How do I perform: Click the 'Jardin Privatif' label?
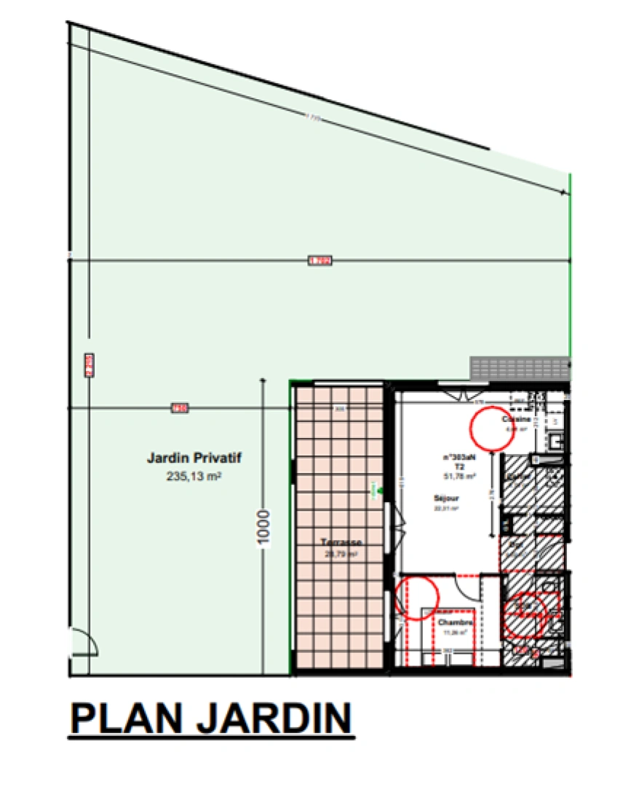[194, 459]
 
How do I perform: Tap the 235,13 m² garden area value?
[194, 478]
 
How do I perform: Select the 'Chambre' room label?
[455, 623]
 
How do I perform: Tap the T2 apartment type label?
[459, 466]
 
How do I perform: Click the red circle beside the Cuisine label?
[491, 428]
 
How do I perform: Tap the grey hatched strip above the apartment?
[518, 368]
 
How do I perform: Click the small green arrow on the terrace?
[376, 492]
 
